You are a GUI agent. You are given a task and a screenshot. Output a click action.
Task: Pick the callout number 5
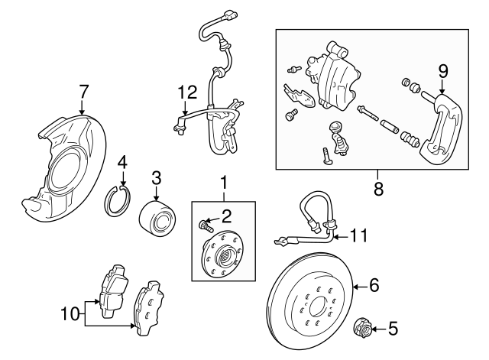coord(393,330)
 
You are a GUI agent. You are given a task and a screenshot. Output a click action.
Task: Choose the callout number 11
coord(359,236)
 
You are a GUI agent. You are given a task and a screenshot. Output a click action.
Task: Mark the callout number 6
coord(374,286)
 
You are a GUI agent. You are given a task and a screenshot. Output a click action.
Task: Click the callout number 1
coord(224,183)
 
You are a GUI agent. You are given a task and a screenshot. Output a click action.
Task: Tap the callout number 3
coord(156,177)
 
